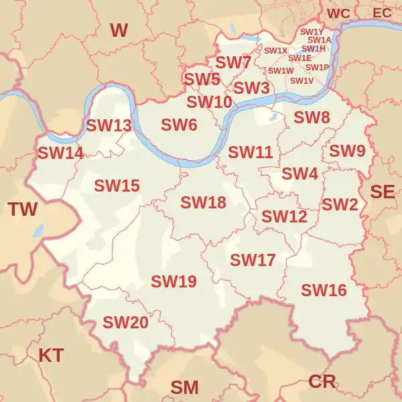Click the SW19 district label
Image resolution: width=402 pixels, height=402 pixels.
[x=174, y=281]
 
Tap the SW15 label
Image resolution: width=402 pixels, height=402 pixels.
[x=117, y=186]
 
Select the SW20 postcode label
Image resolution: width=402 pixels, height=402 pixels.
[x=125, y=322]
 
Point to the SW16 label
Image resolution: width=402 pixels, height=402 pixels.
[x=324, y=290]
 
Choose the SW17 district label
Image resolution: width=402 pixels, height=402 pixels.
[x=253, y=259]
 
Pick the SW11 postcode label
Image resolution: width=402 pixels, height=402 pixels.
[x=251, y=152]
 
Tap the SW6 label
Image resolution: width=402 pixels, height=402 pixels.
[x=179, y=125]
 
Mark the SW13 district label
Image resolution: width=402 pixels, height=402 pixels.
[x=109, y=125]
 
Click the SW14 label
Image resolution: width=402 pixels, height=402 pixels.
[x=60, y=153]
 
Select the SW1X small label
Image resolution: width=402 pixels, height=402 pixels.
[x=275, y=51]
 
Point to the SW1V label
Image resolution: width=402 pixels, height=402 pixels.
[x=301, y=80]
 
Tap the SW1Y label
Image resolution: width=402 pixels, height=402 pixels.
[x=312, y=31]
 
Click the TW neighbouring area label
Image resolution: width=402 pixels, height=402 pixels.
[x=23, y=209]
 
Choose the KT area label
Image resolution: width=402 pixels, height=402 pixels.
[x=51, y=355]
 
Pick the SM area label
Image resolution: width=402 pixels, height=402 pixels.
[x=184, y=387]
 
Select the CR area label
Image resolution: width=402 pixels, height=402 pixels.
[x=322, y=381]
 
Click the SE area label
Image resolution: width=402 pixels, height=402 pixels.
[x=383, y=192]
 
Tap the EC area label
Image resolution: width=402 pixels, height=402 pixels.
[x=382, y=13]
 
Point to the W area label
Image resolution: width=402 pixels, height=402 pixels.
[x=119, y=29]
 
